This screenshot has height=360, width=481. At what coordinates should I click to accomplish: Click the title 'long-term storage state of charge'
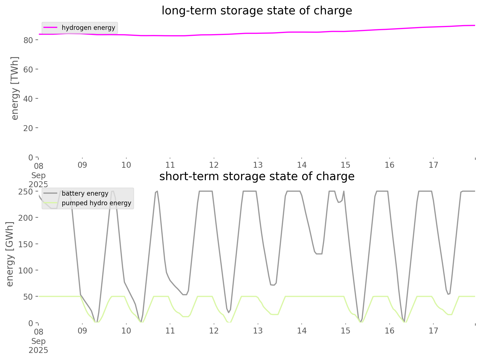coord(257,11)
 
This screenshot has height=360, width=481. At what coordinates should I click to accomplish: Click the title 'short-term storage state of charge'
coord(257,176)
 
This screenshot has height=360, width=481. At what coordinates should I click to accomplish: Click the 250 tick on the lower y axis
coord(26,191)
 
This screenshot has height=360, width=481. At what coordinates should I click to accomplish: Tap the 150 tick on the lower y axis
coord(26,244)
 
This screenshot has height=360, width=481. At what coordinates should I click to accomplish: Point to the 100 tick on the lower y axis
coord(26,270)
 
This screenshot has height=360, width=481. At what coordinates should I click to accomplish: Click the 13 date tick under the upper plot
coord(258,165)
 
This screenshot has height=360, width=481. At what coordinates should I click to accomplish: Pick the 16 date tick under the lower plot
coord(389,331)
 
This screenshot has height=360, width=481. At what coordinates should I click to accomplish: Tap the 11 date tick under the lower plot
coord(170,331)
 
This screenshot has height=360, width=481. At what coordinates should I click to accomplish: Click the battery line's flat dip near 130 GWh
coord(319,254)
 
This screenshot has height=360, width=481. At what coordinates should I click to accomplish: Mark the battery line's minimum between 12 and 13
coord(229,312)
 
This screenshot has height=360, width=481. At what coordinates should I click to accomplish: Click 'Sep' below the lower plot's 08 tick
coord(38,341)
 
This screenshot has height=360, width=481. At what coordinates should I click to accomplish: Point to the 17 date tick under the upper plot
coord(433,165)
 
